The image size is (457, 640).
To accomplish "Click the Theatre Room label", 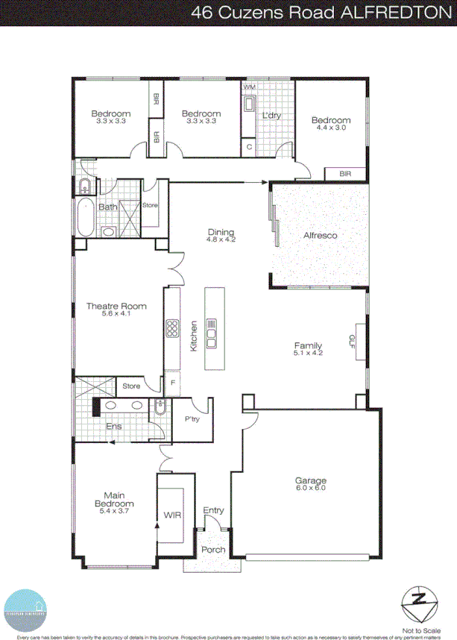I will [116, 306].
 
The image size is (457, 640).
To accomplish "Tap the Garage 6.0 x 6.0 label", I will [311, 481].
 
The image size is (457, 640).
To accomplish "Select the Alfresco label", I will [320, 236].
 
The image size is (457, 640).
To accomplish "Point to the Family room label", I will [308, 346].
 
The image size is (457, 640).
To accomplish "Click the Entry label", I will [213, 510].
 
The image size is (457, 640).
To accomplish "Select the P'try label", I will [193, 419].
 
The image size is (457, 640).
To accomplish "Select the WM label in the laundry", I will [248, 88].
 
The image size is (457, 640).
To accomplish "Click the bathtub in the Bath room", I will [84, 216].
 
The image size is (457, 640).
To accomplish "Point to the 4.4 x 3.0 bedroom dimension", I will [330, 128].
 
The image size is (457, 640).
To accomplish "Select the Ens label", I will [113, 427].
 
